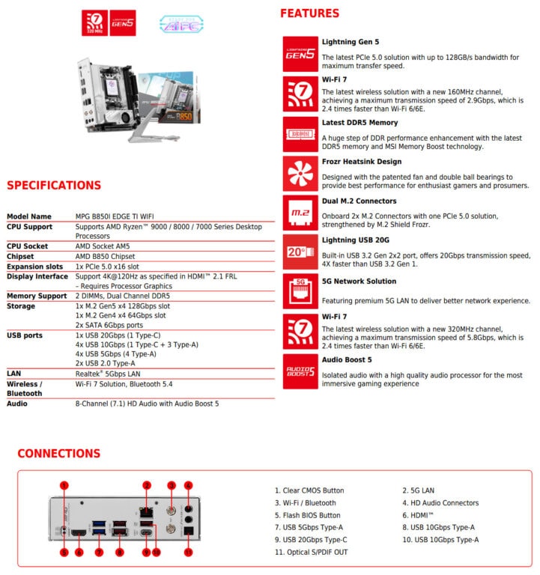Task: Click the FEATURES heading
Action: coord(309,13)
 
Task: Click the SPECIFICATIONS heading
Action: coord(54,185)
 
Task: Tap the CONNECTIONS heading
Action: coord(58,453)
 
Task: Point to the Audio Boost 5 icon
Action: coord(300,371)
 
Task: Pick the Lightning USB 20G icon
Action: coord(300,252)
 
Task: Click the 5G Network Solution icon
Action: coord(300,291)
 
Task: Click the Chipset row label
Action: coord(22,255)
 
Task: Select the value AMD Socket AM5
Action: coord(106,246)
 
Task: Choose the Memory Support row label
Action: coord(37,296)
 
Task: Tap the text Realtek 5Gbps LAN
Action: coord(108,373)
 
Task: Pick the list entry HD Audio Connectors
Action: coord(440,503)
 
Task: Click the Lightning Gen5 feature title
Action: coord(350,42)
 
